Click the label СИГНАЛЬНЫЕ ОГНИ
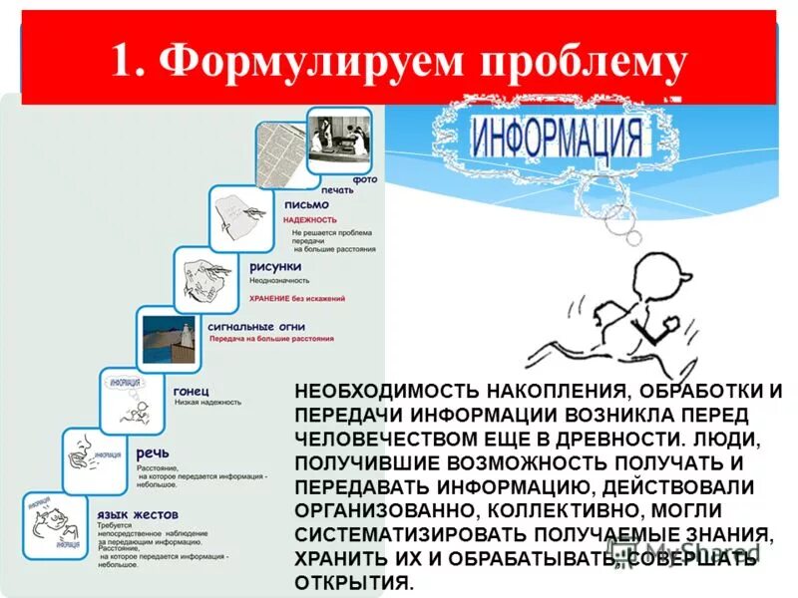click(256, 326)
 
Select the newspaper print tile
click(282, 153)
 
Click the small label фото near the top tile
click(366, 179)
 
